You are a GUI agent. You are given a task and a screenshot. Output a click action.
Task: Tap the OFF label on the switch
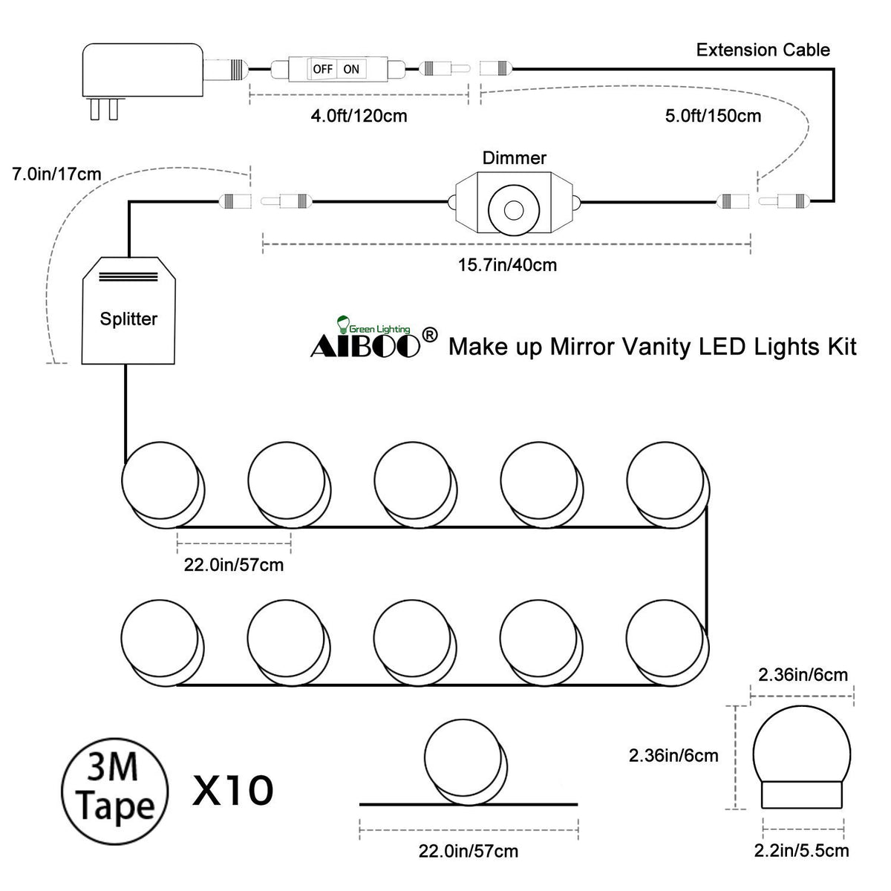322,69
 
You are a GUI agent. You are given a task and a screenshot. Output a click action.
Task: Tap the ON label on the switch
351,69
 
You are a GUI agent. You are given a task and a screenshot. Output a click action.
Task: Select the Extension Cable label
763,50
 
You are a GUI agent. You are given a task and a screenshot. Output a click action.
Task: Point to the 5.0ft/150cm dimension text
712,117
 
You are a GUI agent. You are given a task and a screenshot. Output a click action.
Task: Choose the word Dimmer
514,158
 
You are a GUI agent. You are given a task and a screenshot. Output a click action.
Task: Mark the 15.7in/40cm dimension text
508,264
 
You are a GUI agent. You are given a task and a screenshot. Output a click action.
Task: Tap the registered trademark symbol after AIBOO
428,335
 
